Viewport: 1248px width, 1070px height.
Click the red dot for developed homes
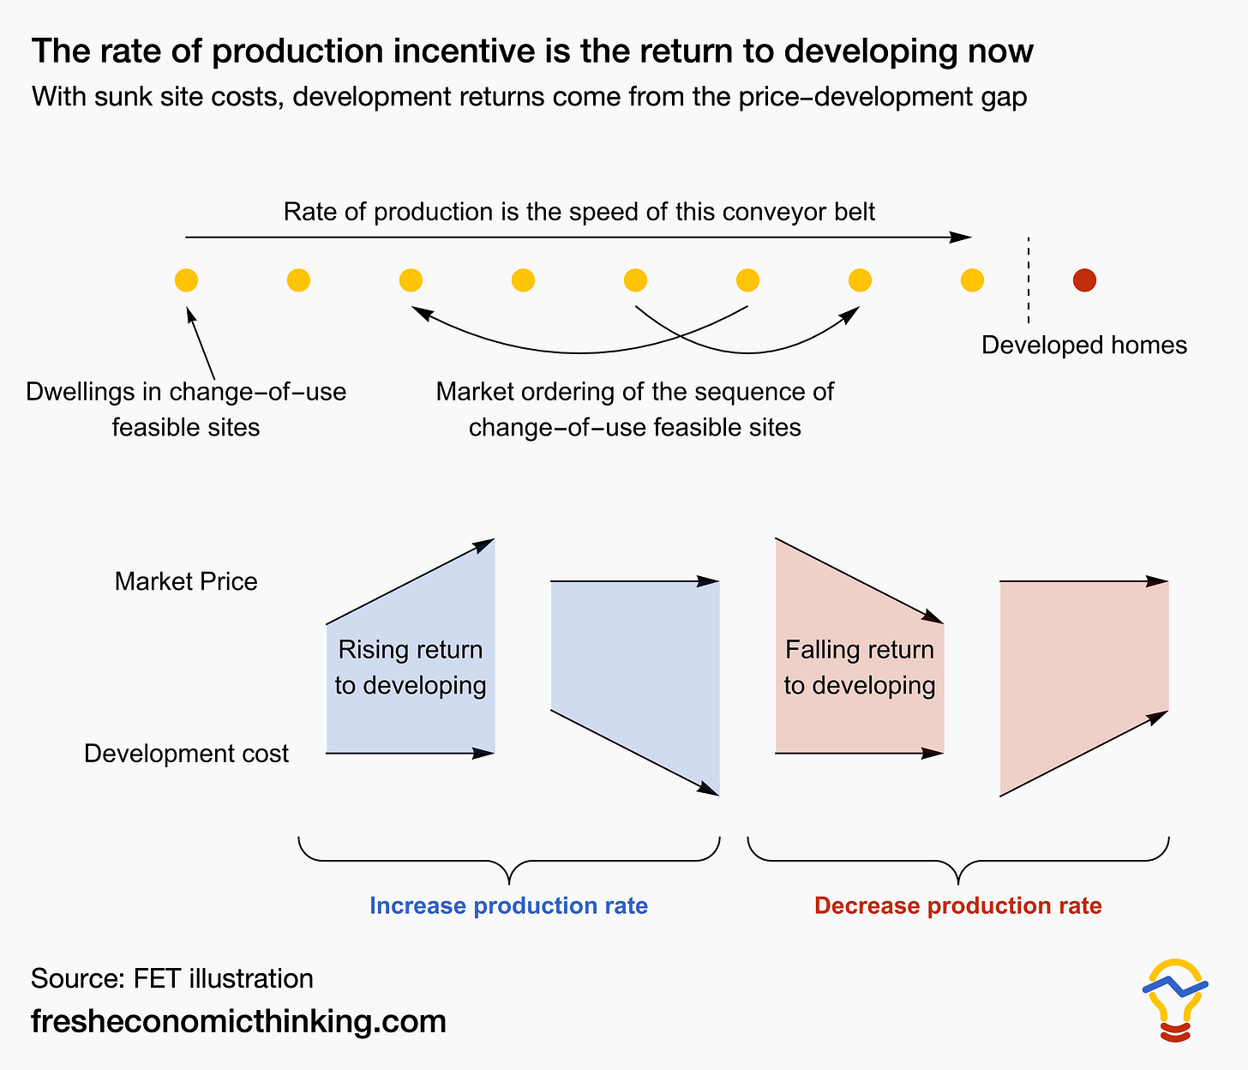[1084, 280]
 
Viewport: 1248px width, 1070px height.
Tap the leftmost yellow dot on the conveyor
[186, 280]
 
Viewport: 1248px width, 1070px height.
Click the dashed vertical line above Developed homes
[1029, 280]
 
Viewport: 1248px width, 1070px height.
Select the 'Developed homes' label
[1083, 345]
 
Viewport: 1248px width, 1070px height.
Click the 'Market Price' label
[186, 581]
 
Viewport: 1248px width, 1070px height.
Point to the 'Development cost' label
[186, 753]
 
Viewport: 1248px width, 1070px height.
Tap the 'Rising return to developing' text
[411, 667]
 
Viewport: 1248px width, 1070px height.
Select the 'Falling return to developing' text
[860, 667]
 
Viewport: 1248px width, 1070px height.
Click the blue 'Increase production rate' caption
[508, 905]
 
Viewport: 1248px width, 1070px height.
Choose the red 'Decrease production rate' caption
[958, 905]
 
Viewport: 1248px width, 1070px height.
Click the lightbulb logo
[1175, 1000]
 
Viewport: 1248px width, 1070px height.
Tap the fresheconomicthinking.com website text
[238, 1020]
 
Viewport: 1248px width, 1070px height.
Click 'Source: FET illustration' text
[172, 978]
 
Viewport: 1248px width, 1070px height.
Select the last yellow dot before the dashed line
[972, 280]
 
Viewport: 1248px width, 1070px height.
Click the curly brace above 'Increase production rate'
[509, 860]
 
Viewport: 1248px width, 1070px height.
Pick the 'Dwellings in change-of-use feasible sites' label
[186, 409]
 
